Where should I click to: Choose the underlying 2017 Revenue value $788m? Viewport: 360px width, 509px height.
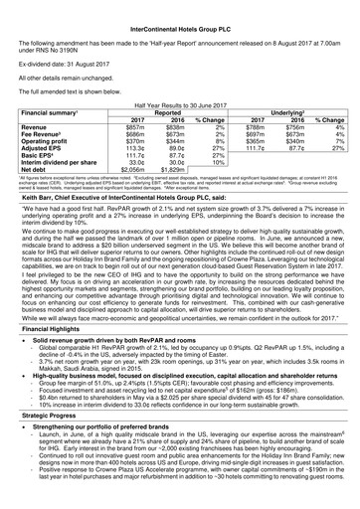tap(265, 156)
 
